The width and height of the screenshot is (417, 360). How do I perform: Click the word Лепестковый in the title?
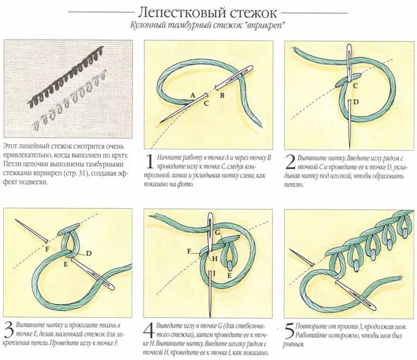[181, 13]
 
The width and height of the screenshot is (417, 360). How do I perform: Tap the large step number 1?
[150, 162]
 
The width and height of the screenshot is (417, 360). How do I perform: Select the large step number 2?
[290, 162]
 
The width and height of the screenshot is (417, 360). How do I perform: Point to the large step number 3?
[9, 330]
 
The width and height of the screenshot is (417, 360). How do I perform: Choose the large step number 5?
[289, 330]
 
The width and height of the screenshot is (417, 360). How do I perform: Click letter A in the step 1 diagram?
[192, 95]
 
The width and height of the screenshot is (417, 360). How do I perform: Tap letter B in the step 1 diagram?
[222, 95]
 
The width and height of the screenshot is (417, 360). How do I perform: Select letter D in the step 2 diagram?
[356, 102]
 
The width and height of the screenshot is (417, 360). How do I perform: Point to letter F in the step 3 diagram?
[47, 249]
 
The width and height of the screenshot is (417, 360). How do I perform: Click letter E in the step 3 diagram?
[66, 264]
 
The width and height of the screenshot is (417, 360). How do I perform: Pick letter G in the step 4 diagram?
[217, 233]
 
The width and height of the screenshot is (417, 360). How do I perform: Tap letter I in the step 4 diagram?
[214, 274]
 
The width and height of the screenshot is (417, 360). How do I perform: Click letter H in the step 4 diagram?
[215, 258]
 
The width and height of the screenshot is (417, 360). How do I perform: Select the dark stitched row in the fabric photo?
[65, 77]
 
